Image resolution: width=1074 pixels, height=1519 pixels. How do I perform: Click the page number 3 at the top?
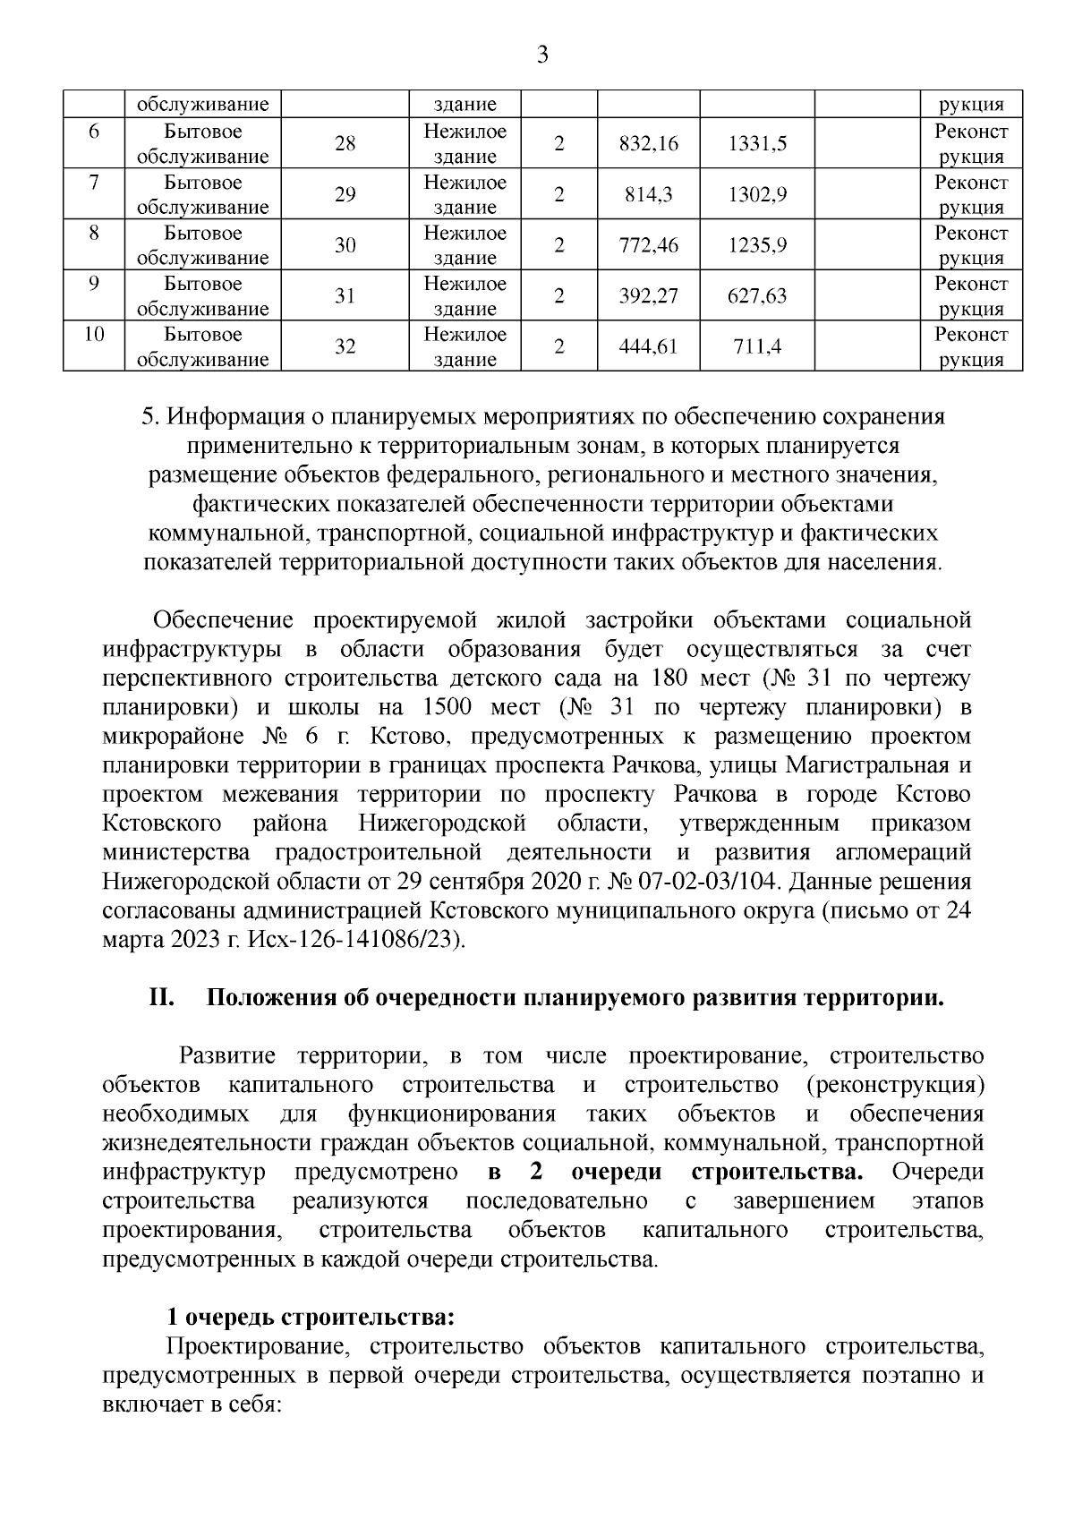pos(541,56)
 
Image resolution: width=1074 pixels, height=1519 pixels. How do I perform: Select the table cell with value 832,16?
pos(648,143)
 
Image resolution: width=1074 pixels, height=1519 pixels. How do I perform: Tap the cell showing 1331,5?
pos(757,143)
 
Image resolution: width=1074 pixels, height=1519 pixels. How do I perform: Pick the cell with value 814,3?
pos(648,194)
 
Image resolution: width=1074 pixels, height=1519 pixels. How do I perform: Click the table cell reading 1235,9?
pos(757,245)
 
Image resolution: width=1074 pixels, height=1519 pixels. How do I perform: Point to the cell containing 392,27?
pos(648,296)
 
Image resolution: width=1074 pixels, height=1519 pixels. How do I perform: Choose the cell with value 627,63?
pos(757,296)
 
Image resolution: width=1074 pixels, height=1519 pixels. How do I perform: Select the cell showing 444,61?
pos(648,347)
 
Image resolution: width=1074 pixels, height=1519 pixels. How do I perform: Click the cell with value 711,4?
pos(757,347)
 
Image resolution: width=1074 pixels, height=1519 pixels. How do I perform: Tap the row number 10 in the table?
pos(94,335)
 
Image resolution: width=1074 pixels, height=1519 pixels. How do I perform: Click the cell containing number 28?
pos(345,143)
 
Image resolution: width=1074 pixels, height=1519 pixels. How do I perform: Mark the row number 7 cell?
pos(94,182)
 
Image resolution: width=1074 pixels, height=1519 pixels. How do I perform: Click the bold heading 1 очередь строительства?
pos(311,1318)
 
